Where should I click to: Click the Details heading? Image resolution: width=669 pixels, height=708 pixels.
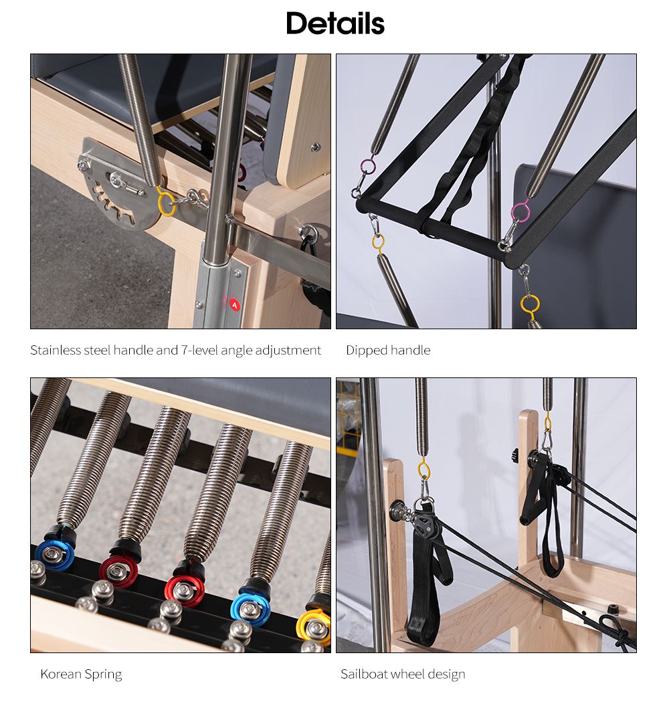(x=335, y=23)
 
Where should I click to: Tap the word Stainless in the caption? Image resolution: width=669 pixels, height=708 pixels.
(x=56, y=350)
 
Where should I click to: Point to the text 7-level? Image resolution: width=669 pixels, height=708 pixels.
(x=199, y=350)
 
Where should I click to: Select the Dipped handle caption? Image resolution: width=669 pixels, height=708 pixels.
(x=388, y=350)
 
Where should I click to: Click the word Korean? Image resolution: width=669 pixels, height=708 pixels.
(x=60, y=674)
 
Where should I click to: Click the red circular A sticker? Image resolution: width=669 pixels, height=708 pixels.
(x=234, y=304)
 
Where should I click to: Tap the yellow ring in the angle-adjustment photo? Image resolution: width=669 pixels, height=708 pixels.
(x=166, y=201)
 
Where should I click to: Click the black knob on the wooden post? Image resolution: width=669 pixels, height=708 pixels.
(x=516, y=455)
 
